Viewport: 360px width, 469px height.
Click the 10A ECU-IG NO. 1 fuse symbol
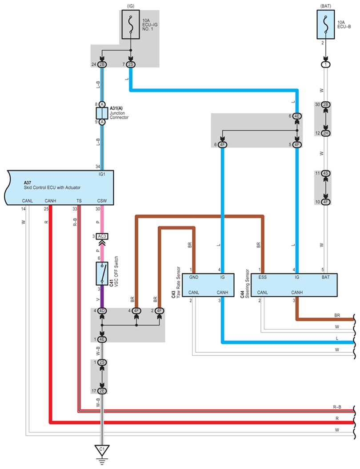tap(131, 24)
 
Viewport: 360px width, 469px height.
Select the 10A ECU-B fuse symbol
tap(326, 24)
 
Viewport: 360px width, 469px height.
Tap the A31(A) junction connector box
tap(102, 113)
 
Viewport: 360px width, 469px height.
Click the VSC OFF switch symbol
tap(102, 274)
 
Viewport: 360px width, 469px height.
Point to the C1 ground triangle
tap(102, 450)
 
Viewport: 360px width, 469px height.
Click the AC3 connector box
tap(102, 236)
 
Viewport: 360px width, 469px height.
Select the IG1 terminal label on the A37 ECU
tap(102, 174)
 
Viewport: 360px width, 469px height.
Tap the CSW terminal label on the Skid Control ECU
tap(102, 201)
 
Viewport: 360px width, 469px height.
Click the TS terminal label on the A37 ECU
tap(79, 201)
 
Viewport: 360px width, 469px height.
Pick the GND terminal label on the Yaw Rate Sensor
tap(194, 277)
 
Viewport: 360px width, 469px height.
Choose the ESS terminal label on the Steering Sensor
tap(262, 277)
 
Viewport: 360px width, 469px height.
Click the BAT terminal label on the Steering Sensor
tap(326, 277)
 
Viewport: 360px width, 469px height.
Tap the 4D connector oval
tap(102, 311)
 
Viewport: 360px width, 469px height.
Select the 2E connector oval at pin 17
tap(102, 391)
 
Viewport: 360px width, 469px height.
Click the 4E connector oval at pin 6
tap(297, 116)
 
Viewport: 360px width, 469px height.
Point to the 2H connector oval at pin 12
tap(326, 133)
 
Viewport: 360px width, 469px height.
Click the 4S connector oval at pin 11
tap(326, 173)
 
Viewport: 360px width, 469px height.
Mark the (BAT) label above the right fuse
tap(326, 6)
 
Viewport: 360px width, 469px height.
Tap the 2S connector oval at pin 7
tap(131, 64)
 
